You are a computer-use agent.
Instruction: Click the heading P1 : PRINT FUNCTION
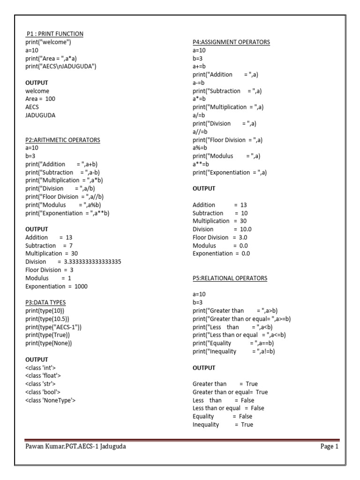pos(54,34)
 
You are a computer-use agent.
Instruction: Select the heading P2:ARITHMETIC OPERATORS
pos(63,140)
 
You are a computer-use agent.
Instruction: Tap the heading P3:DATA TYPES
pos(45,302)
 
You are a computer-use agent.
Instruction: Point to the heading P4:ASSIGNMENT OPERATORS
pos(231,42)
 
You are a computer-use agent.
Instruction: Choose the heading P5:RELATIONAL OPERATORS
pos(230,278)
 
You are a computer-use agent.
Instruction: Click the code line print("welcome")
pos(48,42)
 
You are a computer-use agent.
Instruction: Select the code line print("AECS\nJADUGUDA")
pos(61,66)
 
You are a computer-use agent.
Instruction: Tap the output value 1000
pos(81,286)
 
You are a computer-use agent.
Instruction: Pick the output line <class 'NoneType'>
pos(51,400)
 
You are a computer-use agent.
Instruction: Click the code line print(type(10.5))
pos(47,319)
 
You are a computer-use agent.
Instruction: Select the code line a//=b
pos(199,132)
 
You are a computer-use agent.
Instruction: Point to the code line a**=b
pos(201,164)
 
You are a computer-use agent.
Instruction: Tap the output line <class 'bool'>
pos(43,392)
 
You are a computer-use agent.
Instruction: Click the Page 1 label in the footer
pos(329,447)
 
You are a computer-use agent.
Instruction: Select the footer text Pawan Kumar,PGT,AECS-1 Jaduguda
pos(75,447)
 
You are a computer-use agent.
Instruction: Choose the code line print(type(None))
pos(49,343)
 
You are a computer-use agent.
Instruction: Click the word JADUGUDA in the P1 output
pos(40,115)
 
